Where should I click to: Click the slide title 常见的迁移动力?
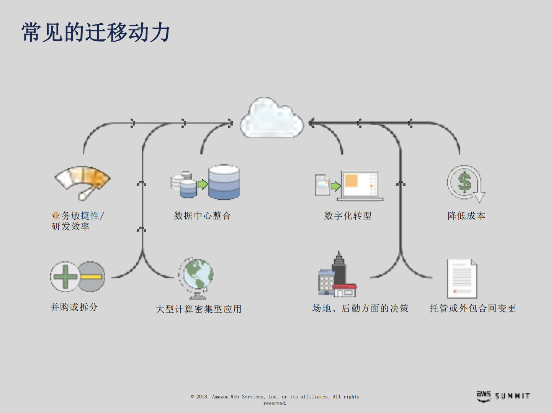coord(96,32)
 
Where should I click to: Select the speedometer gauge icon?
coord(83,182)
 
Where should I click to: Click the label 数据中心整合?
coord(203,216)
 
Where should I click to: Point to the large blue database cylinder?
coord(224,182)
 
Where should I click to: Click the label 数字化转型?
coord(348,216)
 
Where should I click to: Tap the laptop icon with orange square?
coord(360,186)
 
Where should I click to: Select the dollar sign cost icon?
coord(465,183)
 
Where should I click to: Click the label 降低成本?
coord(466,216)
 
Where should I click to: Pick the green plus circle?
coord(65,277)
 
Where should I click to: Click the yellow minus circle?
coord(92,277)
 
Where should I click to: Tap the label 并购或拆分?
coord(74,307)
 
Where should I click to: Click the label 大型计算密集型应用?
coord(198,309)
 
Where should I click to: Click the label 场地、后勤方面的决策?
coord(360,309)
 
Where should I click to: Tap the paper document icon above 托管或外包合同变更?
coord(462,279)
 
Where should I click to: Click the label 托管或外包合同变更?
coord(473,309)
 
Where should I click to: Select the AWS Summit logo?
coord(503,396)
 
